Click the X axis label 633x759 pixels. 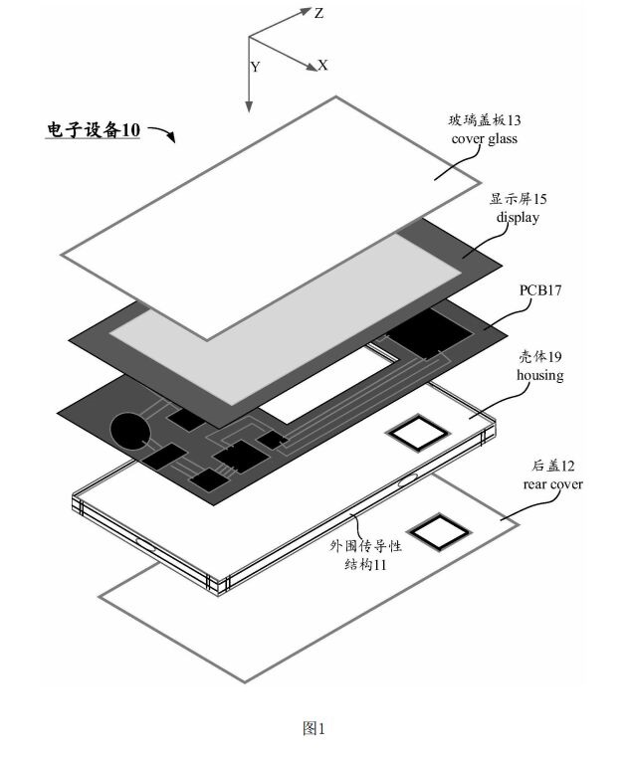[323, 65]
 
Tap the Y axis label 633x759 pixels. [256, 67]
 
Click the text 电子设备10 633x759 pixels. [95, 130]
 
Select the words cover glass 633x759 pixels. [484, 139]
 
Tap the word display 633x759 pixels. [518, 217]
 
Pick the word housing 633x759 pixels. [540, 375]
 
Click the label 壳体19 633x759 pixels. [540, 358]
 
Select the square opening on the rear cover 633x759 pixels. [436, 533]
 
